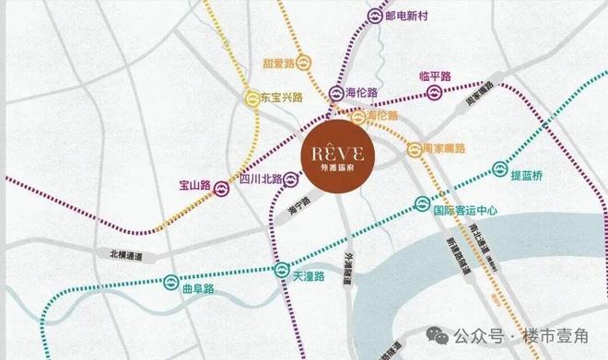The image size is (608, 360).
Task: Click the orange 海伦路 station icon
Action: [x=357, y=117]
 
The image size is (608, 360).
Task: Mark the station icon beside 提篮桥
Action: [x=499, y=168]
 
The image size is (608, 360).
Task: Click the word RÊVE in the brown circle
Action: [x=342, y=151]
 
